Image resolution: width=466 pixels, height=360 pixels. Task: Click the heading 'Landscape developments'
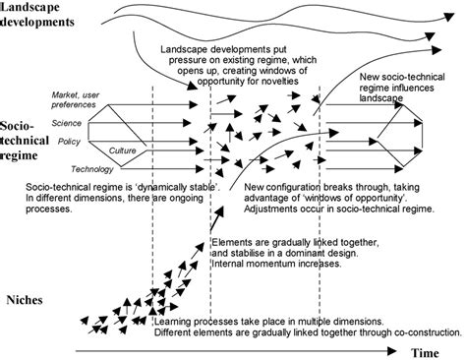pyautogui.click(x=45, y=15)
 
